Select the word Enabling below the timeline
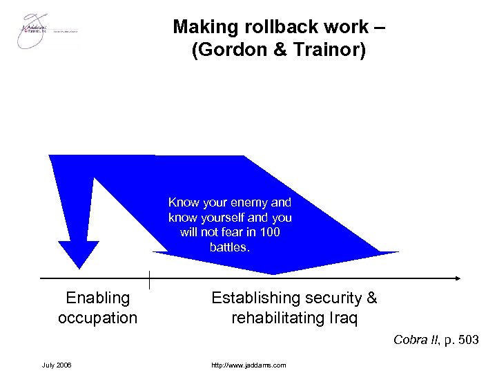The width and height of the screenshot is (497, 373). (x=97, y=298)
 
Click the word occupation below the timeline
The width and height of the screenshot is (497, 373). (x=97, y=318)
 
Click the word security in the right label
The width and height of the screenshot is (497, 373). (x=327, y=298)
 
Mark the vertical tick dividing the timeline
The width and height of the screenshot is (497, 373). (x=149, y=279)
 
